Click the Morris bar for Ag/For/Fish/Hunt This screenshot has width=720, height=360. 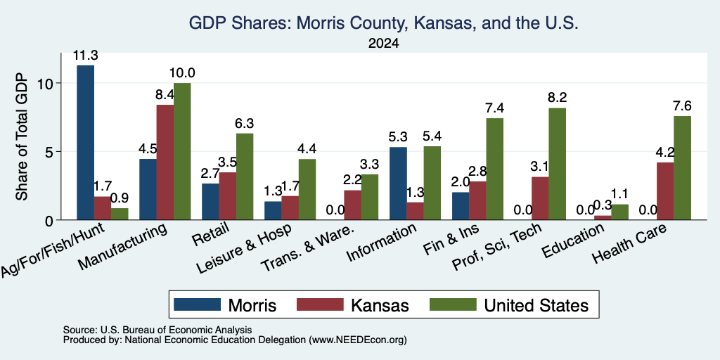(85, 142)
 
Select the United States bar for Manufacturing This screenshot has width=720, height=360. (182, 152)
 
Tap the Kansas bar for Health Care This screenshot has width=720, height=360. (665, 191)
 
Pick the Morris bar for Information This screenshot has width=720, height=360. (398, 184)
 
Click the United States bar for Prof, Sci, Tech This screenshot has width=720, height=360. (558, 164)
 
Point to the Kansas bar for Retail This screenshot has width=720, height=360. (228, 196)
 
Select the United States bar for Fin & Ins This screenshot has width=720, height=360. (495, 169)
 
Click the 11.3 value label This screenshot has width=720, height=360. (85, 56)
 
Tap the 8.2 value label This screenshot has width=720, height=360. (558, 98)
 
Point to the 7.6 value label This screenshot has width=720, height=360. (682, 106)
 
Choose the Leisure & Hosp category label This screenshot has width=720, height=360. (245, 249)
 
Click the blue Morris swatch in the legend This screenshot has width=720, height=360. (198, 304)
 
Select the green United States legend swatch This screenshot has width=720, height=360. (453, 304)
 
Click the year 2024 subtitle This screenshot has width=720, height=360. (383, 44)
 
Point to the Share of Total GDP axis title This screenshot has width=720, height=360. (22, 136)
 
